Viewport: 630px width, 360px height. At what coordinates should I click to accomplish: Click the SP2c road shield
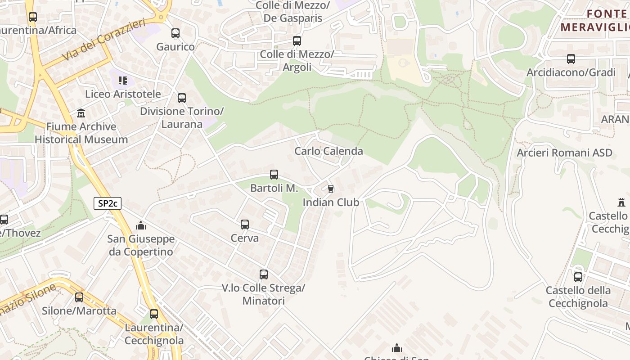click(108, 203)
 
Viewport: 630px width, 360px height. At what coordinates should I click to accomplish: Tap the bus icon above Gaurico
click(175, 33)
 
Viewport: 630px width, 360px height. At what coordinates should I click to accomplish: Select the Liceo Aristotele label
click(123, 94)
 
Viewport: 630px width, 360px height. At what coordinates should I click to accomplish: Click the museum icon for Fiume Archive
click(81, 113)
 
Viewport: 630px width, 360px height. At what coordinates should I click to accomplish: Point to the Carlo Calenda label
click(328, 151)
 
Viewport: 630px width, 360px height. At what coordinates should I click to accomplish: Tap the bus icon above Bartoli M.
click(274, 175)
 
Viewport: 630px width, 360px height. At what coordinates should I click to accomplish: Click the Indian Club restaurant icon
click(331, 189)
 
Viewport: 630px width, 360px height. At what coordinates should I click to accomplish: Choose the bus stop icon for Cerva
click(245, 224)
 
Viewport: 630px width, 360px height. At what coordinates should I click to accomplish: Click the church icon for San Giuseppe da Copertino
click(141, 225)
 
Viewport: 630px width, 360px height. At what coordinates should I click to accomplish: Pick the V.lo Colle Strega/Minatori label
click(264, 294)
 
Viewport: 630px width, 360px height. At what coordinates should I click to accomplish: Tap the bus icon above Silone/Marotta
click(79, 297)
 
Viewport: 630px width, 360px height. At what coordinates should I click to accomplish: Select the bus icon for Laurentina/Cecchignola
click(154, 314)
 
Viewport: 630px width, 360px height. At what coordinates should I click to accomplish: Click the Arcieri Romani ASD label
click(564, 153)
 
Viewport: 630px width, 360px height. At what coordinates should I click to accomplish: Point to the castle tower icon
click(622, 202)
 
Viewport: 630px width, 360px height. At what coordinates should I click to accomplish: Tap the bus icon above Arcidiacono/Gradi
click(571, 59)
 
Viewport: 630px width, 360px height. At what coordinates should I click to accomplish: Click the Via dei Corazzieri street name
click(104, 40)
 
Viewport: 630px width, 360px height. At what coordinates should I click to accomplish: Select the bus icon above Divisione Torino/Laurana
click(182, 98)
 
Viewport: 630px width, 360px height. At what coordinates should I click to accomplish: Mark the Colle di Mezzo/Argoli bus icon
click(297, 41)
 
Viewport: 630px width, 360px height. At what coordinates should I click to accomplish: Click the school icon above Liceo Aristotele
click(123, 81)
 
